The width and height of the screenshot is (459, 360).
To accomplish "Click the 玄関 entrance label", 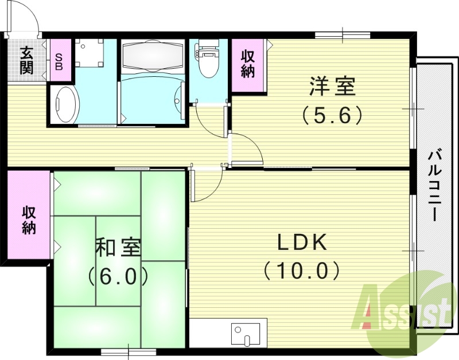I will coord(26,61).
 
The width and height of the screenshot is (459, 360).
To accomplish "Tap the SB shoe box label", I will coord(59,60).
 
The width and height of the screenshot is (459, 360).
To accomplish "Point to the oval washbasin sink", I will coord(65,104).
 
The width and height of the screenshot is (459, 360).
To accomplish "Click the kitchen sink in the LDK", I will coord(246,332).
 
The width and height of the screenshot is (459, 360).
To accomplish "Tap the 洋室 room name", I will coord(332,88).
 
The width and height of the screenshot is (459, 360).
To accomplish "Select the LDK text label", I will coord(302,243).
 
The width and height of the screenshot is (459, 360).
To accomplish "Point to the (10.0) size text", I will coord(302,269).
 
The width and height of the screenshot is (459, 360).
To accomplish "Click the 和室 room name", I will coord(118,248).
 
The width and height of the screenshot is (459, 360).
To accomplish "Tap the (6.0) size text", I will coord(118,277).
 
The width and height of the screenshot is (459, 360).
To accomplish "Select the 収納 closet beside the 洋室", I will coord(248,65).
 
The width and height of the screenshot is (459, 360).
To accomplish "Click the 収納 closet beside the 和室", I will coord(29,220).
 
